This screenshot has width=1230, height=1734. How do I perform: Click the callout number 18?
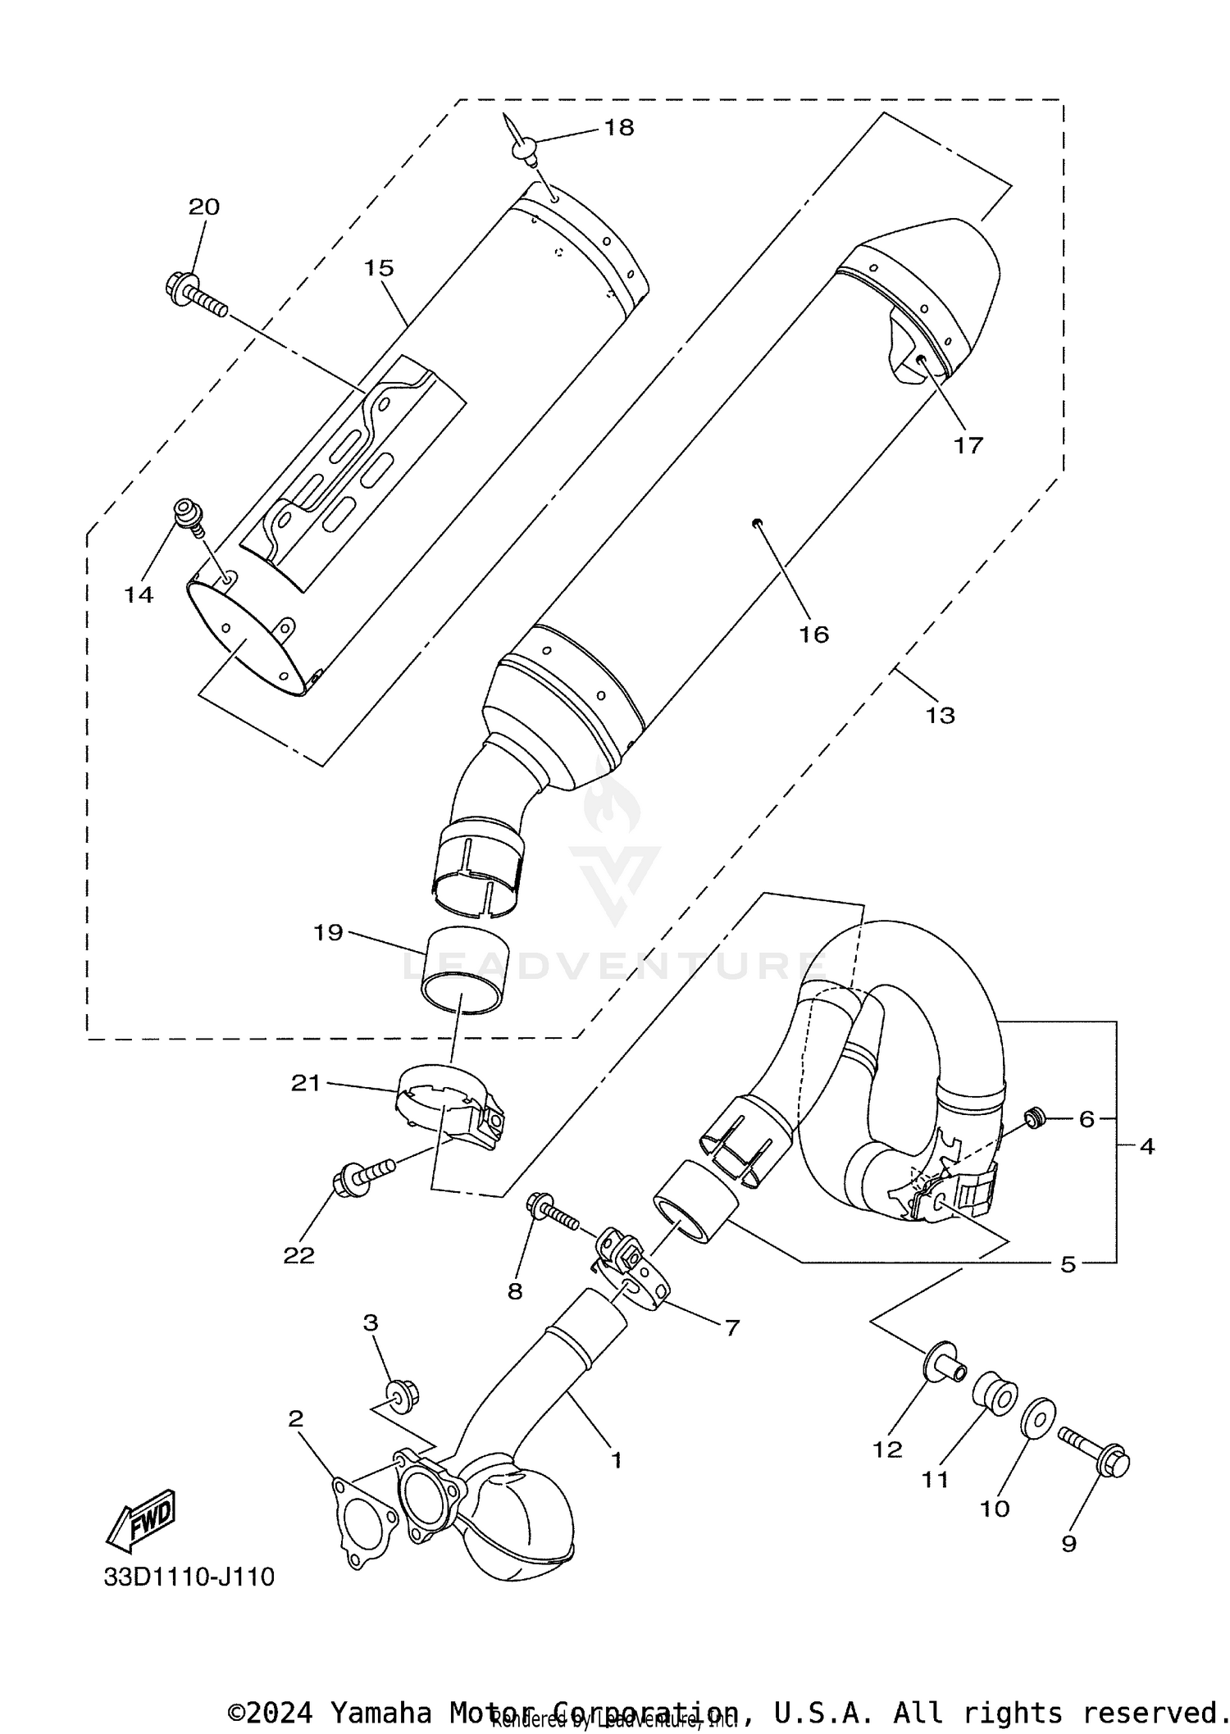click(x=619, y=127)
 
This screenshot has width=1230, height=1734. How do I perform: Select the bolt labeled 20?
click(x=195, y=296)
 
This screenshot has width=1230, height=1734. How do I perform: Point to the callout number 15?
click(x=379, y=268)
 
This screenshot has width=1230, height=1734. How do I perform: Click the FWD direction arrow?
click(x=140, y=1521)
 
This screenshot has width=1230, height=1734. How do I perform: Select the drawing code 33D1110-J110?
click(x=189, y=1577)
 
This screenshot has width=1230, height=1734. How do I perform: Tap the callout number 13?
click(x=940, y=715)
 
